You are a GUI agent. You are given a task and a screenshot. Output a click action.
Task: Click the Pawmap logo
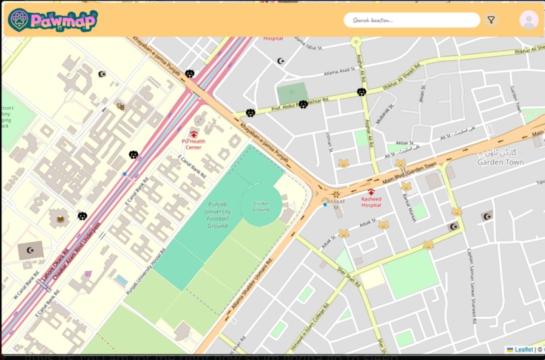coord(53,20)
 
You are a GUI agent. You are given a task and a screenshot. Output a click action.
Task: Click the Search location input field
coord(411,20)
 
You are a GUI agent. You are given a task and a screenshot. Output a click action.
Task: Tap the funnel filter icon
coord(491,20)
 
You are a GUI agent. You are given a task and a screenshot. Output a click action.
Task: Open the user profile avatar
coord(529,20)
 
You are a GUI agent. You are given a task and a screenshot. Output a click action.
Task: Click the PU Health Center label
coord(193,143)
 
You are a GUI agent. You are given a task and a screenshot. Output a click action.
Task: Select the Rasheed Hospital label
coord(371,202)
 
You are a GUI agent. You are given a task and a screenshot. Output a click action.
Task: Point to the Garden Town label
coord(500,162)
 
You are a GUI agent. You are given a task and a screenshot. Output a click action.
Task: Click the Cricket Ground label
coord(261,206)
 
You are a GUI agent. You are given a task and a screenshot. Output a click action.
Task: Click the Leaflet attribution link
coord(523,350)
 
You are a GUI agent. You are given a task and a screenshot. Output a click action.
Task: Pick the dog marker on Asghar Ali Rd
coord(362,92)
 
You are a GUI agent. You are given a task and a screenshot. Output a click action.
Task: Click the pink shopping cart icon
coord(88,274)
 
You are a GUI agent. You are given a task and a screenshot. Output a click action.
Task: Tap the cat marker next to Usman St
coord(343,163)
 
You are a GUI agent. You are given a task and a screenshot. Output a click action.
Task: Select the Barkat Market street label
coord(406,206)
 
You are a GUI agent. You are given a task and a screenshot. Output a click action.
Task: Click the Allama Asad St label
coord(339,70)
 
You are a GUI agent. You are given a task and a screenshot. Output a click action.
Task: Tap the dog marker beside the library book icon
coord(82,216)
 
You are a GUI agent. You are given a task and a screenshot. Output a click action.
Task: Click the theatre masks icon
coord(120,106)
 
